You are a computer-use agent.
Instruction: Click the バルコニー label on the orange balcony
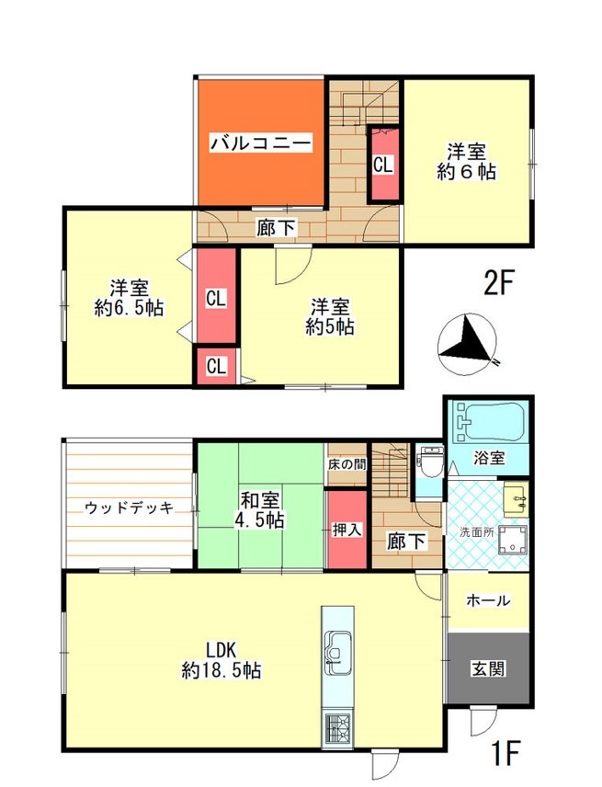point(261,143)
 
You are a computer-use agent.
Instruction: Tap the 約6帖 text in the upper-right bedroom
point(467,172)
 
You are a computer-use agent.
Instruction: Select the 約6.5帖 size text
point(130,308)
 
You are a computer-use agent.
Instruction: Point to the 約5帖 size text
point(330,327)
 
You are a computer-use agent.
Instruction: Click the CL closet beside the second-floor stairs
point(384,165)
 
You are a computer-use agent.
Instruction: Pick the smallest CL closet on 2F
point(216,367)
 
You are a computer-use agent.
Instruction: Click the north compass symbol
point(468,344)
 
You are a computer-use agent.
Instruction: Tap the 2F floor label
point(500,282)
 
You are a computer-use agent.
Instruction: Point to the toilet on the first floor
point(430,461)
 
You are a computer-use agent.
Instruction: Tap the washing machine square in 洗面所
point(513,540)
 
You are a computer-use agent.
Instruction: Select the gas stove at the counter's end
point(337,728)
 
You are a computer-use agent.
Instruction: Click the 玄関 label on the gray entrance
point(488,668)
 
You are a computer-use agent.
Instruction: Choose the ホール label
point(488,599)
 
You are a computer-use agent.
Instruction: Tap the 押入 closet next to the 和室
point(347,530)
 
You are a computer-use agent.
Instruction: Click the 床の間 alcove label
point(346,464)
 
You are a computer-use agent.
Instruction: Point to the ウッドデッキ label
point(129,508)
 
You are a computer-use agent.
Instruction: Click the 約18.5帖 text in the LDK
point(221,669)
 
